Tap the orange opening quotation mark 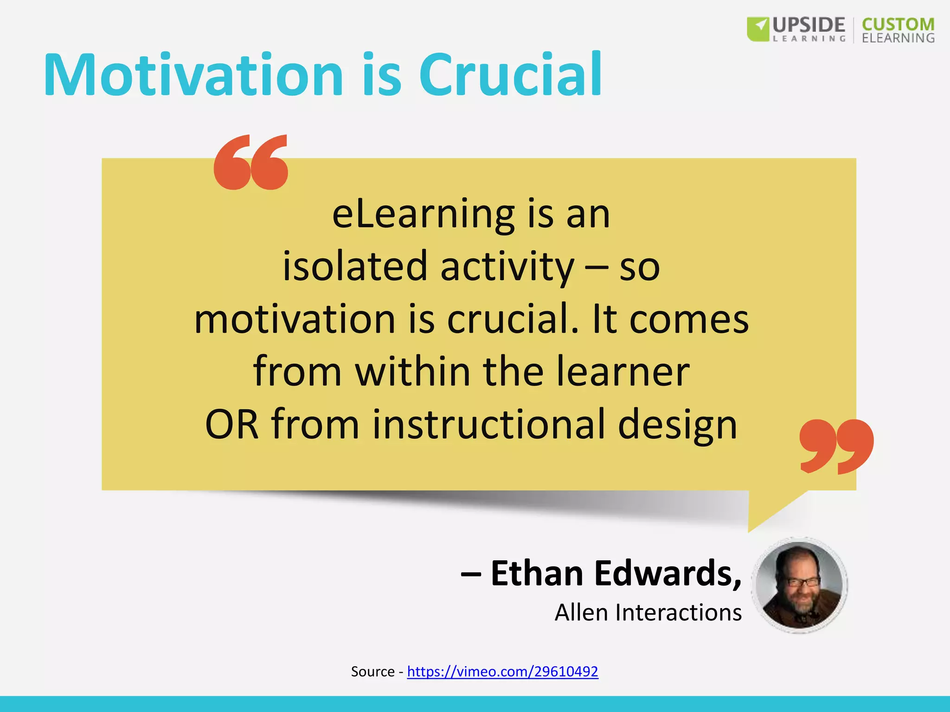251,162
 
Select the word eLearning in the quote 423,215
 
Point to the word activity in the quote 507,268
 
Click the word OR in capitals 231,425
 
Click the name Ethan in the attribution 537,573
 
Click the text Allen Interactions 648,612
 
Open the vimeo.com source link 502,671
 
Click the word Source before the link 372,672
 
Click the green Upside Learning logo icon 758,29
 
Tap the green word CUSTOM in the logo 898,24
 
